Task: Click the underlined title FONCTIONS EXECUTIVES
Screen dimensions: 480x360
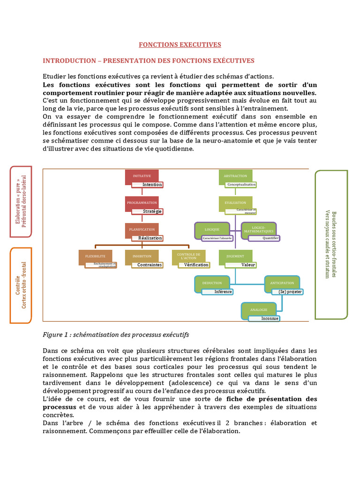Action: [x=180, y=45]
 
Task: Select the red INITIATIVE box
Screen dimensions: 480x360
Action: [x=142, y=176]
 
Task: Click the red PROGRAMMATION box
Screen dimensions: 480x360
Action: [x=142, y=203]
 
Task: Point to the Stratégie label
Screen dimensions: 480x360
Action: [x=152, y=211]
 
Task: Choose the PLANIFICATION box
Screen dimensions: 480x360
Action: [x=142, y=230]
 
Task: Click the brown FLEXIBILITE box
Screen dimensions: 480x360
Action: [x=95, y=256]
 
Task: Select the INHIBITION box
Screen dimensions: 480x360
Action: [x=142, y=256]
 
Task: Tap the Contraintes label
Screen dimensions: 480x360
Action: [x=150, y=265]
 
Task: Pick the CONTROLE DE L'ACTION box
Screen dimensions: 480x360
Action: [x=188, y=256]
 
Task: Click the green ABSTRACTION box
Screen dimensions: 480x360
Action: [x=235, y=176]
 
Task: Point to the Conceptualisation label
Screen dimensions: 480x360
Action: [x=241, y=185]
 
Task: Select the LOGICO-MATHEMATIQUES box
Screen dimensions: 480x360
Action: [x=259, y=230]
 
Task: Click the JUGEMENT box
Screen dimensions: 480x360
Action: [x=235, y=256]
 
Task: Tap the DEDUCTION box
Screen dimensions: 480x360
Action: [x=212, y=283]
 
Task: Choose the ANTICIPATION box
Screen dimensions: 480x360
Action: [x=282, y=283]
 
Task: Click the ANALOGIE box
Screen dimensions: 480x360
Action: [x=259, y=310]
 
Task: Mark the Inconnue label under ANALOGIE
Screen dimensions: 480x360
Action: [x=270, y=319]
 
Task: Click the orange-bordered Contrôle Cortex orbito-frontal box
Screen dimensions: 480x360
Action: [x=21, y=285]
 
